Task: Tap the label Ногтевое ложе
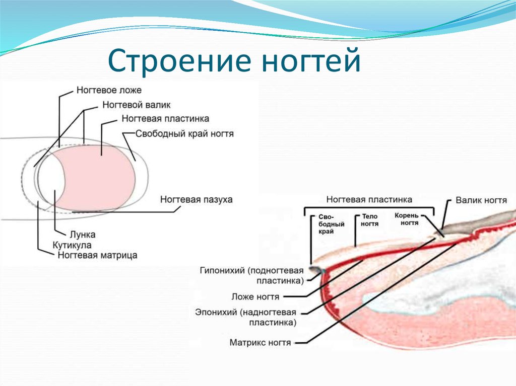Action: [x=109, y=90]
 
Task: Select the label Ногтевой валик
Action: [x=136, y=105]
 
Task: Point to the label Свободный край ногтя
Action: [x=184, y=134]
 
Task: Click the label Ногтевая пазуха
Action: [x=197, y=199]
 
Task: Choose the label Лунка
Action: [x=83, y=235]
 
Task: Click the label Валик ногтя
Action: [x=481, y=200]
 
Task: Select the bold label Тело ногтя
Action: [x=369, y=220]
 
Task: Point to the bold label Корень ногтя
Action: [x=407, y=219]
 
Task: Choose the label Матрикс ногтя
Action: [x=260, y=343]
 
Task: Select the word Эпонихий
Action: [x=216, y=312]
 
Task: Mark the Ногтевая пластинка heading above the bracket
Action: [x=369, y=199]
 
